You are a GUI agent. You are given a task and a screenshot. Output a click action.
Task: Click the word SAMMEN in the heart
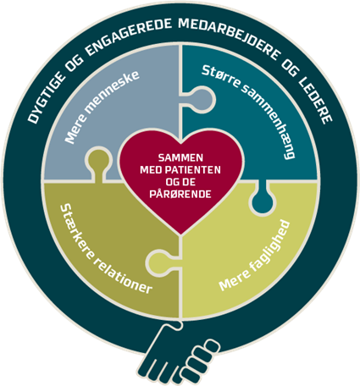click(180, 157)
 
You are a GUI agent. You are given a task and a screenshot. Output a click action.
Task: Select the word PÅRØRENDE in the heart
click(180, 194)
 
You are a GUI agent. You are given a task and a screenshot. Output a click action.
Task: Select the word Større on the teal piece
click(221, 76)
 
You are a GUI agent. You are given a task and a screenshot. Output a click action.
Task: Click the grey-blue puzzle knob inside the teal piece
click(202, 100)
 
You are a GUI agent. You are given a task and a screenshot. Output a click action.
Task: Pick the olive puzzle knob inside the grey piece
click(97, 163)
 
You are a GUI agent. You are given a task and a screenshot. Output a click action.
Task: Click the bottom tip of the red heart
click(180, 234)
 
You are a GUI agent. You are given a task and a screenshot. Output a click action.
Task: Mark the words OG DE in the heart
click(180, 182)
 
